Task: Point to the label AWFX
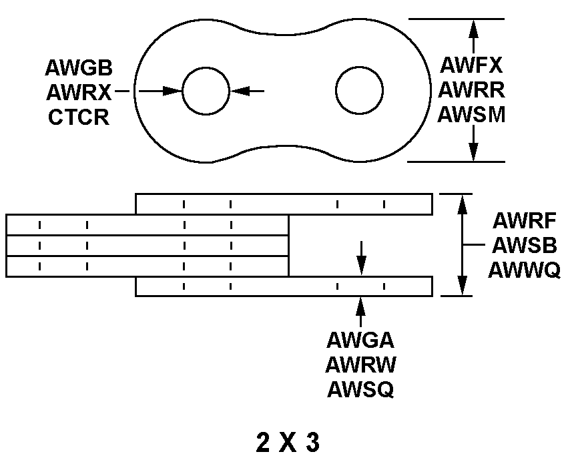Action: [471, 65]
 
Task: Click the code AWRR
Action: [471, 89]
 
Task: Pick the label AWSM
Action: [471, 114]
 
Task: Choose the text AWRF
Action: [525, 221]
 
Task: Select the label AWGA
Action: [360, 340]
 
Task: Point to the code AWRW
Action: [360, 365]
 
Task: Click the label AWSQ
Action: [360, 390]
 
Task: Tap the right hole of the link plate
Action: [360, 90]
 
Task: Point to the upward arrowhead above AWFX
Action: [473, 27]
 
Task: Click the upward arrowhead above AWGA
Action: [360, 305]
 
